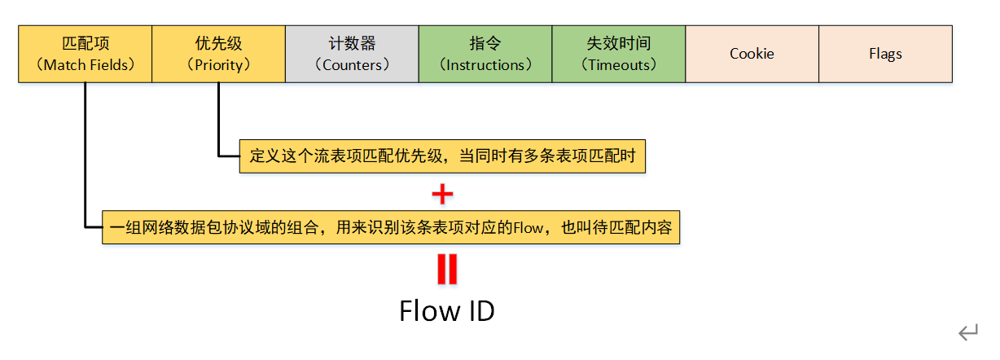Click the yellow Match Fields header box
click(x=85, y=54)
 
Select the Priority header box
click(x=218, y=54)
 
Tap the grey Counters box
click(x=352, y=54)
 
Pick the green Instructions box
click(x=485, y=54)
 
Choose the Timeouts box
click(x=619, y=54)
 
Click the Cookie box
click(x=752, y=54)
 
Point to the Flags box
click(x=885, y=54)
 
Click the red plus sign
click(x=442, y=194)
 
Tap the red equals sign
click(x=447, y=270)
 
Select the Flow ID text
click(x=446, y=310)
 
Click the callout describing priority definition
click(x=442, y=156)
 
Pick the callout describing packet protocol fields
click(x=391, y=227)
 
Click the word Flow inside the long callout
click(x=528, y=228)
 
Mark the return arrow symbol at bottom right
click(x=967, y=331)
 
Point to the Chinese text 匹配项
click(x=85, y=43)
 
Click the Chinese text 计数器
click(x=352, y=43)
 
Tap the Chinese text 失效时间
click(x=619, y=43)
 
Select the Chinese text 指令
click(x=485, y=43)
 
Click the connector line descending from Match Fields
click(x=85, y=155)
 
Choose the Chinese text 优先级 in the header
click(x=218, y=43)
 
